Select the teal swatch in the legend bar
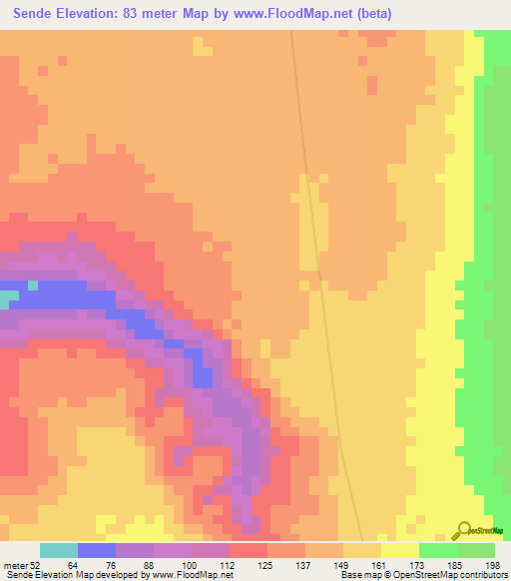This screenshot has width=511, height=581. [x=59, y=550]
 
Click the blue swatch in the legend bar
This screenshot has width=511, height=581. [x=97, y=550]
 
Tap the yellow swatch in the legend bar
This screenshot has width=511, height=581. [x=400, y=550]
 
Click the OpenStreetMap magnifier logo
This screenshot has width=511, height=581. [x=463, y=531]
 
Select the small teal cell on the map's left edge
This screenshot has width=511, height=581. [x=8, y=296]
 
